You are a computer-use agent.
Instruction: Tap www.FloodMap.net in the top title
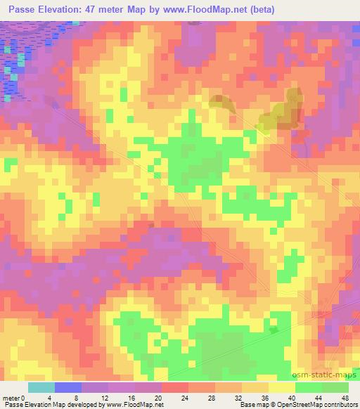209,9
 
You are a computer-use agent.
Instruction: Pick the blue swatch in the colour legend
68,387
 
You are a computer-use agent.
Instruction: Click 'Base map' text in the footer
252,405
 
